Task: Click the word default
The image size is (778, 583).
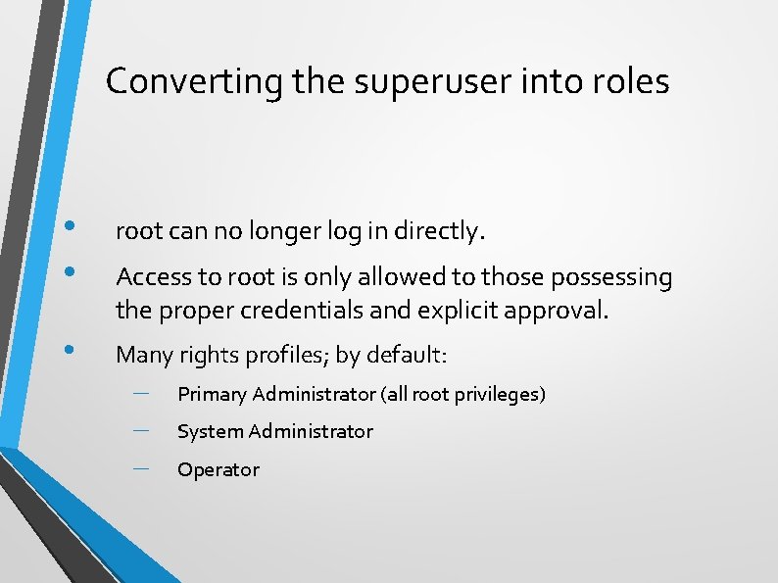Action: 409,355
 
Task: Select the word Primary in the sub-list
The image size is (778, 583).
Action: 212,395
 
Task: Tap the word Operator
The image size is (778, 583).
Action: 218,469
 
